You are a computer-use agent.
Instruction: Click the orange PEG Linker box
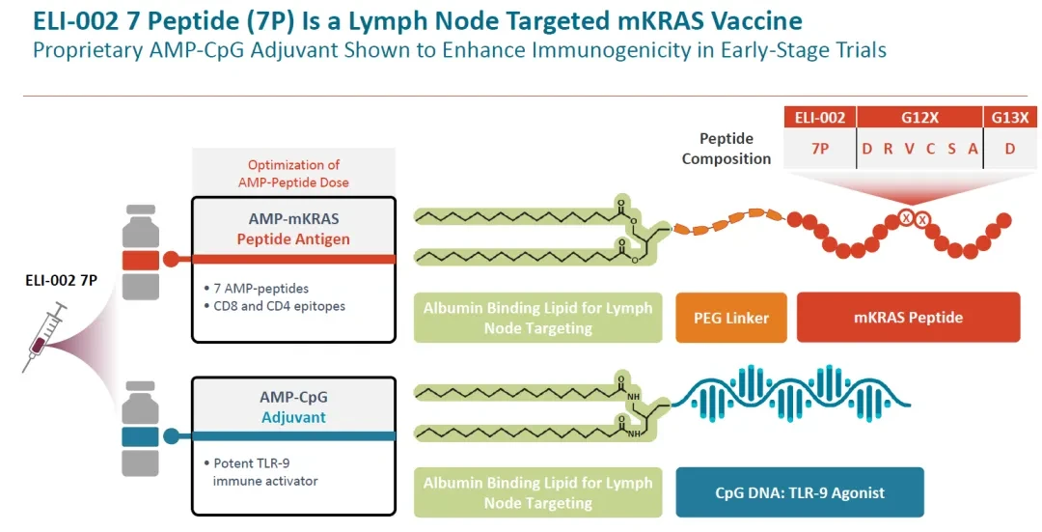(731, 318)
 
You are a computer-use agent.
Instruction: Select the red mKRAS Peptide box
(908, 318)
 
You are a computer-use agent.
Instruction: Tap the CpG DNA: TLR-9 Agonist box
(800, 492)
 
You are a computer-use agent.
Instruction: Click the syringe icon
(44, 337)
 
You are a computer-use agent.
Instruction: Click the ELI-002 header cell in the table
(820, 118)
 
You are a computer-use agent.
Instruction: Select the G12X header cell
(919, 118)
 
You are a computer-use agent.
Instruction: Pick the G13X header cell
(1009, 118)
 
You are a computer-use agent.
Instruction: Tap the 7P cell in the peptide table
(820, 149)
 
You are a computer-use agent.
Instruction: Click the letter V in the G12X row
(909, 149)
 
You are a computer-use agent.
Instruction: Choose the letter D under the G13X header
(1010, 149)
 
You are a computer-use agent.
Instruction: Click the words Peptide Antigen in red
(293, 239)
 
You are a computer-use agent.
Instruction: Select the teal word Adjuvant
(293, 418)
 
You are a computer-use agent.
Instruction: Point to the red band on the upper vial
(140, 260)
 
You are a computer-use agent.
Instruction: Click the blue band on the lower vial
(140, 437)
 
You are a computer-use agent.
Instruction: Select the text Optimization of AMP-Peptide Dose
(293, 174)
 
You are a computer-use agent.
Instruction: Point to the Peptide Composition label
(727, 149)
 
